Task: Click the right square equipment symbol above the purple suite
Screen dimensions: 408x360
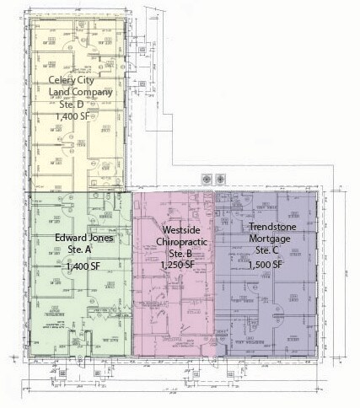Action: [221, 178]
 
